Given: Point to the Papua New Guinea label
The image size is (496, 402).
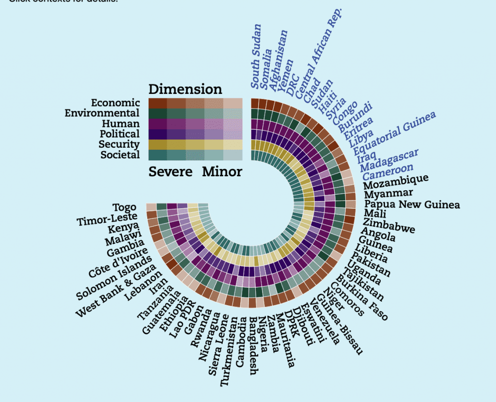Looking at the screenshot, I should click(412, 205).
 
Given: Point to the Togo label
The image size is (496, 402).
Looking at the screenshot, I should click(124, 208).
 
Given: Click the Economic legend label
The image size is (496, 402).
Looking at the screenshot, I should click(115, 103).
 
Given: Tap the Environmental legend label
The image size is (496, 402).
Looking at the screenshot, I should click(102, 113).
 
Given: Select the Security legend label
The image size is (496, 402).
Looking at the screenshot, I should click(119, 144).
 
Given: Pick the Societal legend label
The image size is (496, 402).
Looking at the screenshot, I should click(120, 155).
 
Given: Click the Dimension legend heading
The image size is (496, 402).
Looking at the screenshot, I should click(185, 89).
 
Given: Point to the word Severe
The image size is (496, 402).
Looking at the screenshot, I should click(170, 172).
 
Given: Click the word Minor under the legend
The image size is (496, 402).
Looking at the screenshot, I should click(222, 172).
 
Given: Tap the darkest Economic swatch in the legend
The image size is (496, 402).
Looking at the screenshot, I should click(157, 103).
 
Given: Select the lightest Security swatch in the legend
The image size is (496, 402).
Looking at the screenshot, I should click(232, 144).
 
